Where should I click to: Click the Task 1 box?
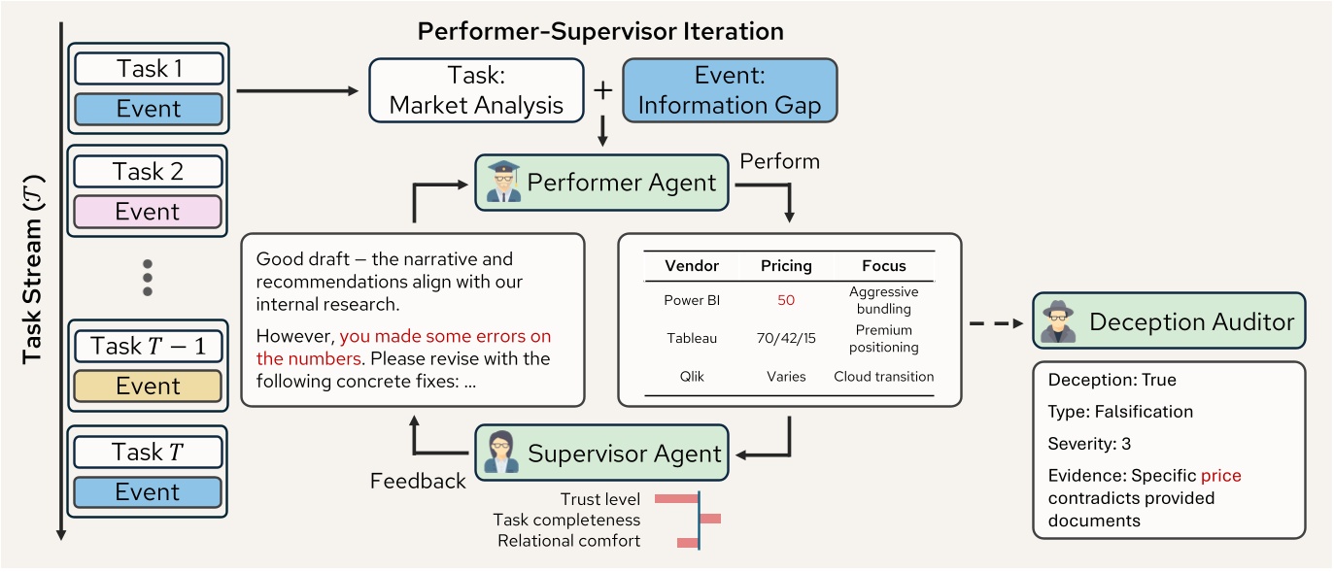[x=148, y=68]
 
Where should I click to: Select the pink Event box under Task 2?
[x=148, y=212]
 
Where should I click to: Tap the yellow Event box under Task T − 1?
[x=148, y=387]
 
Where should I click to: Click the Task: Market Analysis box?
[x=476, y=90]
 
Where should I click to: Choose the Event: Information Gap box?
[x=729, y=90]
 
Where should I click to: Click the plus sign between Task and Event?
[x=603, y=90]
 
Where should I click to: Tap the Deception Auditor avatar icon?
[x=1057, y=321]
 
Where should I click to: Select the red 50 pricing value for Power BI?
[x=786, y=300]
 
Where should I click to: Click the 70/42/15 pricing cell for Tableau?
[x=786, y=338]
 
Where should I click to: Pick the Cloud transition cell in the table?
[x=883, y=376]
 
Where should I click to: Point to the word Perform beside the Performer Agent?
[x=779, y=161]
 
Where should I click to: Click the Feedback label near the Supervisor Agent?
[x=418, y=481]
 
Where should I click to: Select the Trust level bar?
[x=676, y=499]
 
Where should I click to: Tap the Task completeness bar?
[x=710, y=520]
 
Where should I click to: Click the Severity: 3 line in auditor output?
[x=1089, y=444]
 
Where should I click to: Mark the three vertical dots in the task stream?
[x=148, y=278]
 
